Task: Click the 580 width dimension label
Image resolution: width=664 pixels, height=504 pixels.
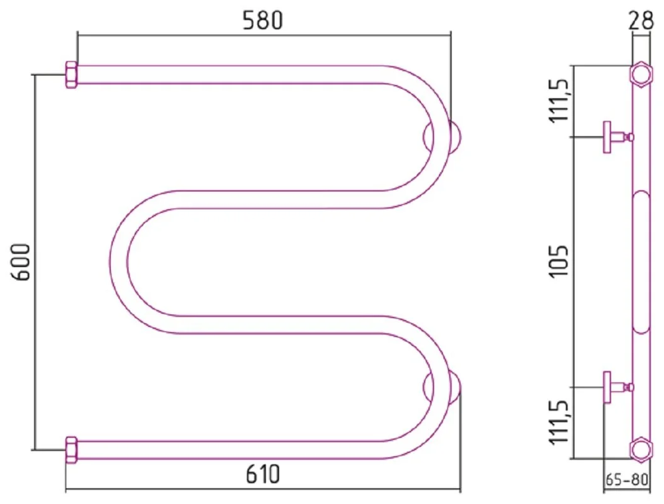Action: [x=262, y=20]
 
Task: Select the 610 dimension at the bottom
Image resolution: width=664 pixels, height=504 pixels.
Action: [x=262, y=474]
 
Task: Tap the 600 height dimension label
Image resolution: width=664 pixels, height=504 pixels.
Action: [x=21, y=262]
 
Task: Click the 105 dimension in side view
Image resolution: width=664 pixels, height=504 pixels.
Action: [x=559, y=262]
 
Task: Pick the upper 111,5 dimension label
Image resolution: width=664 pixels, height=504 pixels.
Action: [x=559, y=100]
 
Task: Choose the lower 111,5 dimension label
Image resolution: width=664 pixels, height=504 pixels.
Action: [x=559, y=422]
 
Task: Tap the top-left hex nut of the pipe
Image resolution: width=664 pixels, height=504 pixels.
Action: [x=71, y=74]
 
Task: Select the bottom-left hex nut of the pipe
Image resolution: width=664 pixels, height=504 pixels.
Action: [x=71, y=450]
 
